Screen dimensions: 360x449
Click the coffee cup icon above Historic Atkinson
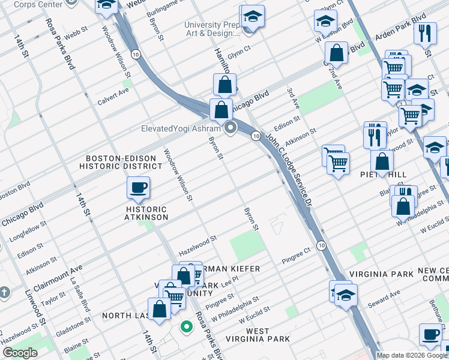[x=138, y=188]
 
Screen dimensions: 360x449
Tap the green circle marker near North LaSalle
[x=186, y=327]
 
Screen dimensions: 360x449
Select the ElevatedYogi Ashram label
[x=172, y=128]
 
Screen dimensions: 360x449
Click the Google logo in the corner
[x=20, y=353]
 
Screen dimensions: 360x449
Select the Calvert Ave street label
[x=113, y=96]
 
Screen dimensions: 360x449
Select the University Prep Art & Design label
[x=212, y=29]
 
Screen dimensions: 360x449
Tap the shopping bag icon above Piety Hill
[x=382, y=161]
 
